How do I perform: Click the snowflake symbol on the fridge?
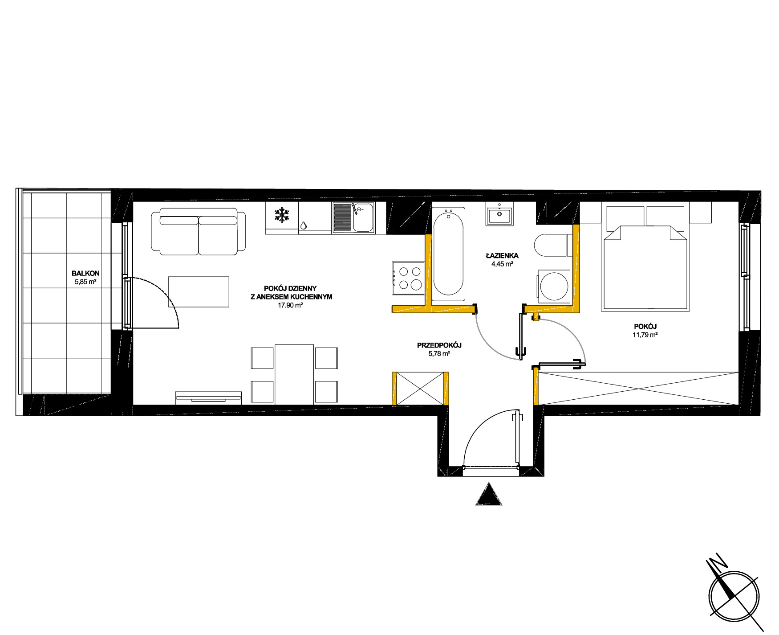pyautogui.click(x=281, y=215)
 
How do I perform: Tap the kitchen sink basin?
pyautogui.click(x=363, y=217)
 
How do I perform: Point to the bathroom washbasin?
pyautogui.click(x=499, y=214)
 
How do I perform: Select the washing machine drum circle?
pyautogui.click(x=554, y=287)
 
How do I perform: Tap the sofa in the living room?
pyautogui.click(x=199, y=231)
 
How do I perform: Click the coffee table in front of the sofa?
pyautogui.click(x=199, y=292)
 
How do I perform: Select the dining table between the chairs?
pyautogui.click(x=294, y=374)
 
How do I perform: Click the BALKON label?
pyautogui.click(x=85, y=273)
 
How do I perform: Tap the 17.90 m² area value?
pyautogui.click(x=290, y=305)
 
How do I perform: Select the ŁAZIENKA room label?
pyautogui.click(x=502, y=256)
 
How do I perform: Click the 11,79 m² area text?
pyautogui.click(x=645, y=335)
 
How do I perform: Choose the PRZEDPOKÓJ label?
pyautogui.click(x=439, y=345)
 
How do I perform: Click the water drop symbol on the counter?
pyautogui.click(x=303, y=225)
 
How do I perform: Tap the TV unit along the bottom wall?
pyautogui.click(x=208, y=398)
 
